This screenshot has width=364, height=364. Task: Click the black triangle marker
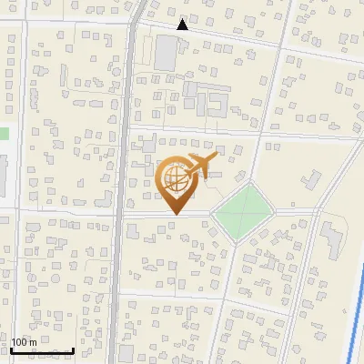point(182,25)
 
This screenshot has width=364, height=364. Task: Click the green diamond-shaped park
point(242,211)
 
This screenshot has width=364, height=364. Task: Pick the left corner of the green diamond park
point(211,215)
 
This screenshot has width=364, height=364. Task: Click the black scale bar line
point(42,350)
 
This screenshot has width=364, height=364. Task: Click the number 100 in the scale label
point(20,342)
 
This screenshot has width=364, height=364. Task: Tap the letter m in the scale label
point(33,342)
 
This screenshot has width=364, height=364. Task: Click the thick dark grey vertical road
point(122,182)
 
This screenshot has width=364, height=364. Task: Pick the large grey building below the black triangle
point(166,54)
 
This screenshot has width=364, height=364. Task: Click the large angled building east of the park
point(330,241)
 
